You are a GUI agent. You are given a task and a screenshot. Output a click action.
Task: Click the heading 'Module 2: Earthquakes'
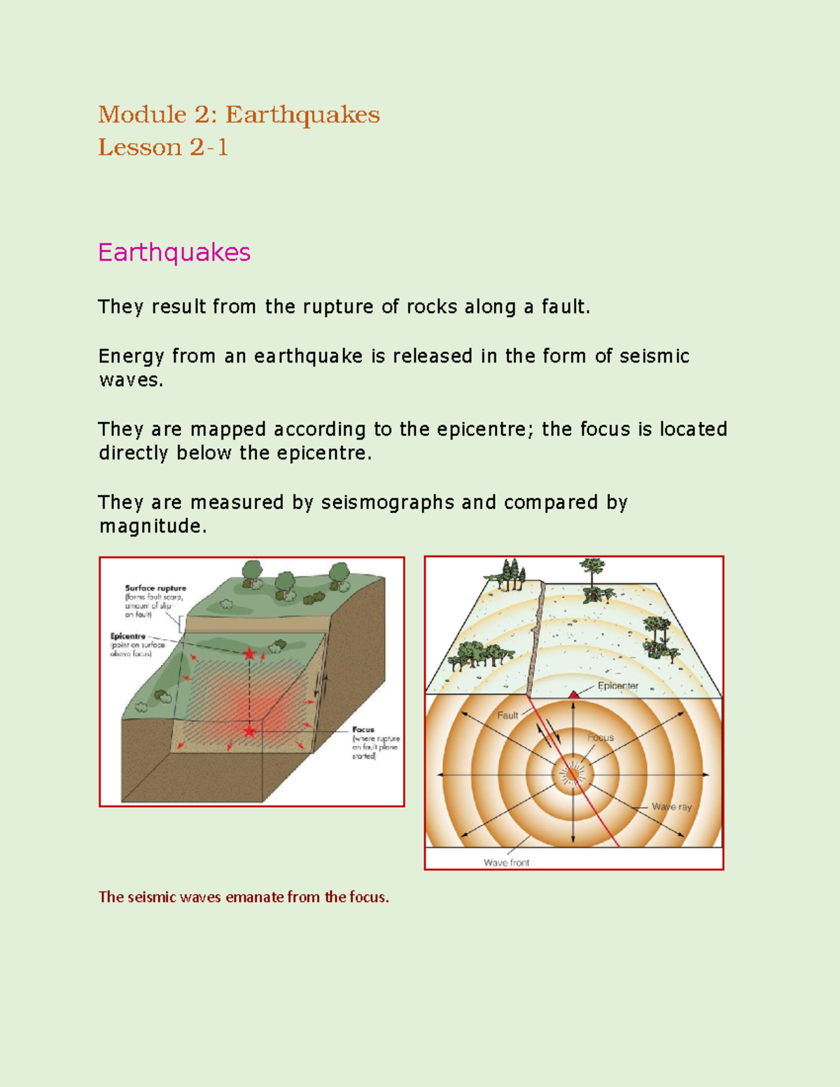pos(239,114)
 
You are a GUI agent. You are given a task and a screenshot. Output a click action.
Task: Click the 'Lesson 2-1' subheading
pos(163,147)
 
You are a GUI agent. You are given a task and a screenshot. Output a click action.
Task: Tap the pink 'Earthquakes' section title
pos(174,252)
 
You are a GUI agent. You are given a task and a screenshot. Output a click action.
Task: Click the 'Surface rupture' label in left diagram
pos(155,589)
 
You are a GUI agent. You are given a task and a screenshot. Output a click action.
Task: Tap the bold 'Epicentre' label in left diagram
pos(128,636)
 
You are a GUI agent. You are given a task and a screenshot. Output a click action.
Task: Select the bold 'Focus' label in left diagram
pos(363,729)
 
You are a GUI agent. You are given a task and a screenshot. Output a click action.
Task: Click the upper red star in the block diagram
pos(249,654)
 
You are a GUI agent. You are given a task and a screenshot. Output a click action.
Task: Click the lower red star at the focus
pos(249,731)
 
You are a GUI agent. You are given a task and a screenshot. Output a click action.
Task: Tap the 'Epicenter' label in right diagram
pos(617,686)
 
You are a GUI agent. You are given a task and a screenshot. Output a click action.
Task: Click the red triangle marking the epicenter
pos(574,694)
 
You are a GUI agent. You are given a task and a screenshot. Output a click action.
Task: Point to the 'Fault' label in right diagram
pos(507,715)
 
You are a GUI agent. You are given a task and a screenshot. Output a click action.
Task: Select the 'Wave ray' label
pos(671,807)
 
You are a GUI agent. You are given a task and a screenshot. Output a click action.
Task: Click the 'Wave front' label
pos(506,863)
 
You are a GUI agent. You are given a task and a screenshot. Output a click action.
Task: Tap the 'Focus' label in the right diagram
pos(601,738)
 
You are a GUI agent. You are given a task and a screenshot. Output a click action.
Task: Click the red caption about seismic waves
pos(244,897)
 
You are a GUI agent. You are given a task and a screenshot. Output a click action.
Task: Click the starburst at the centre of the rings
pos(573,774)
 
